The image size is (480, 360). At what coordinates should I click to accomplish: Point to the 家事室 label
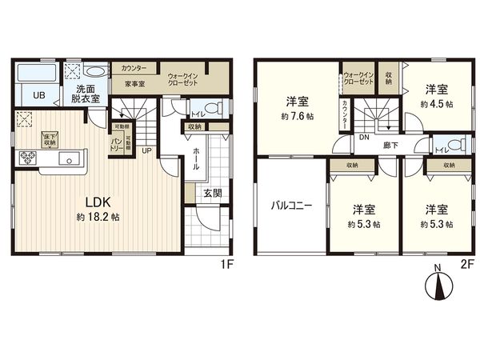click(x=134, y=83)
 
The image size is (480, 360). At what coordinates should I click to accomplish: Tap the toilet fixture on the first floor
click(x=210, y=108)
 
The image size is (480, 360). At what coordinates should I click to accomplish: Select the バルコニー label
click(x=290, y=205)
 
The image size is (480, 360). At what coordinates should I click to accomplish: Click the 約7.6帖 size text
click(x=298, y=116)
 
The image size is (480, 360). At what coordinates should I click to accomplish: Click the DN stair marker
click(x=363, y=137)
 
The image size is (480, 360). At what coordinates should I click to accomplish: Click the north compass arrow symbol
click(x=436, y=284)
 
